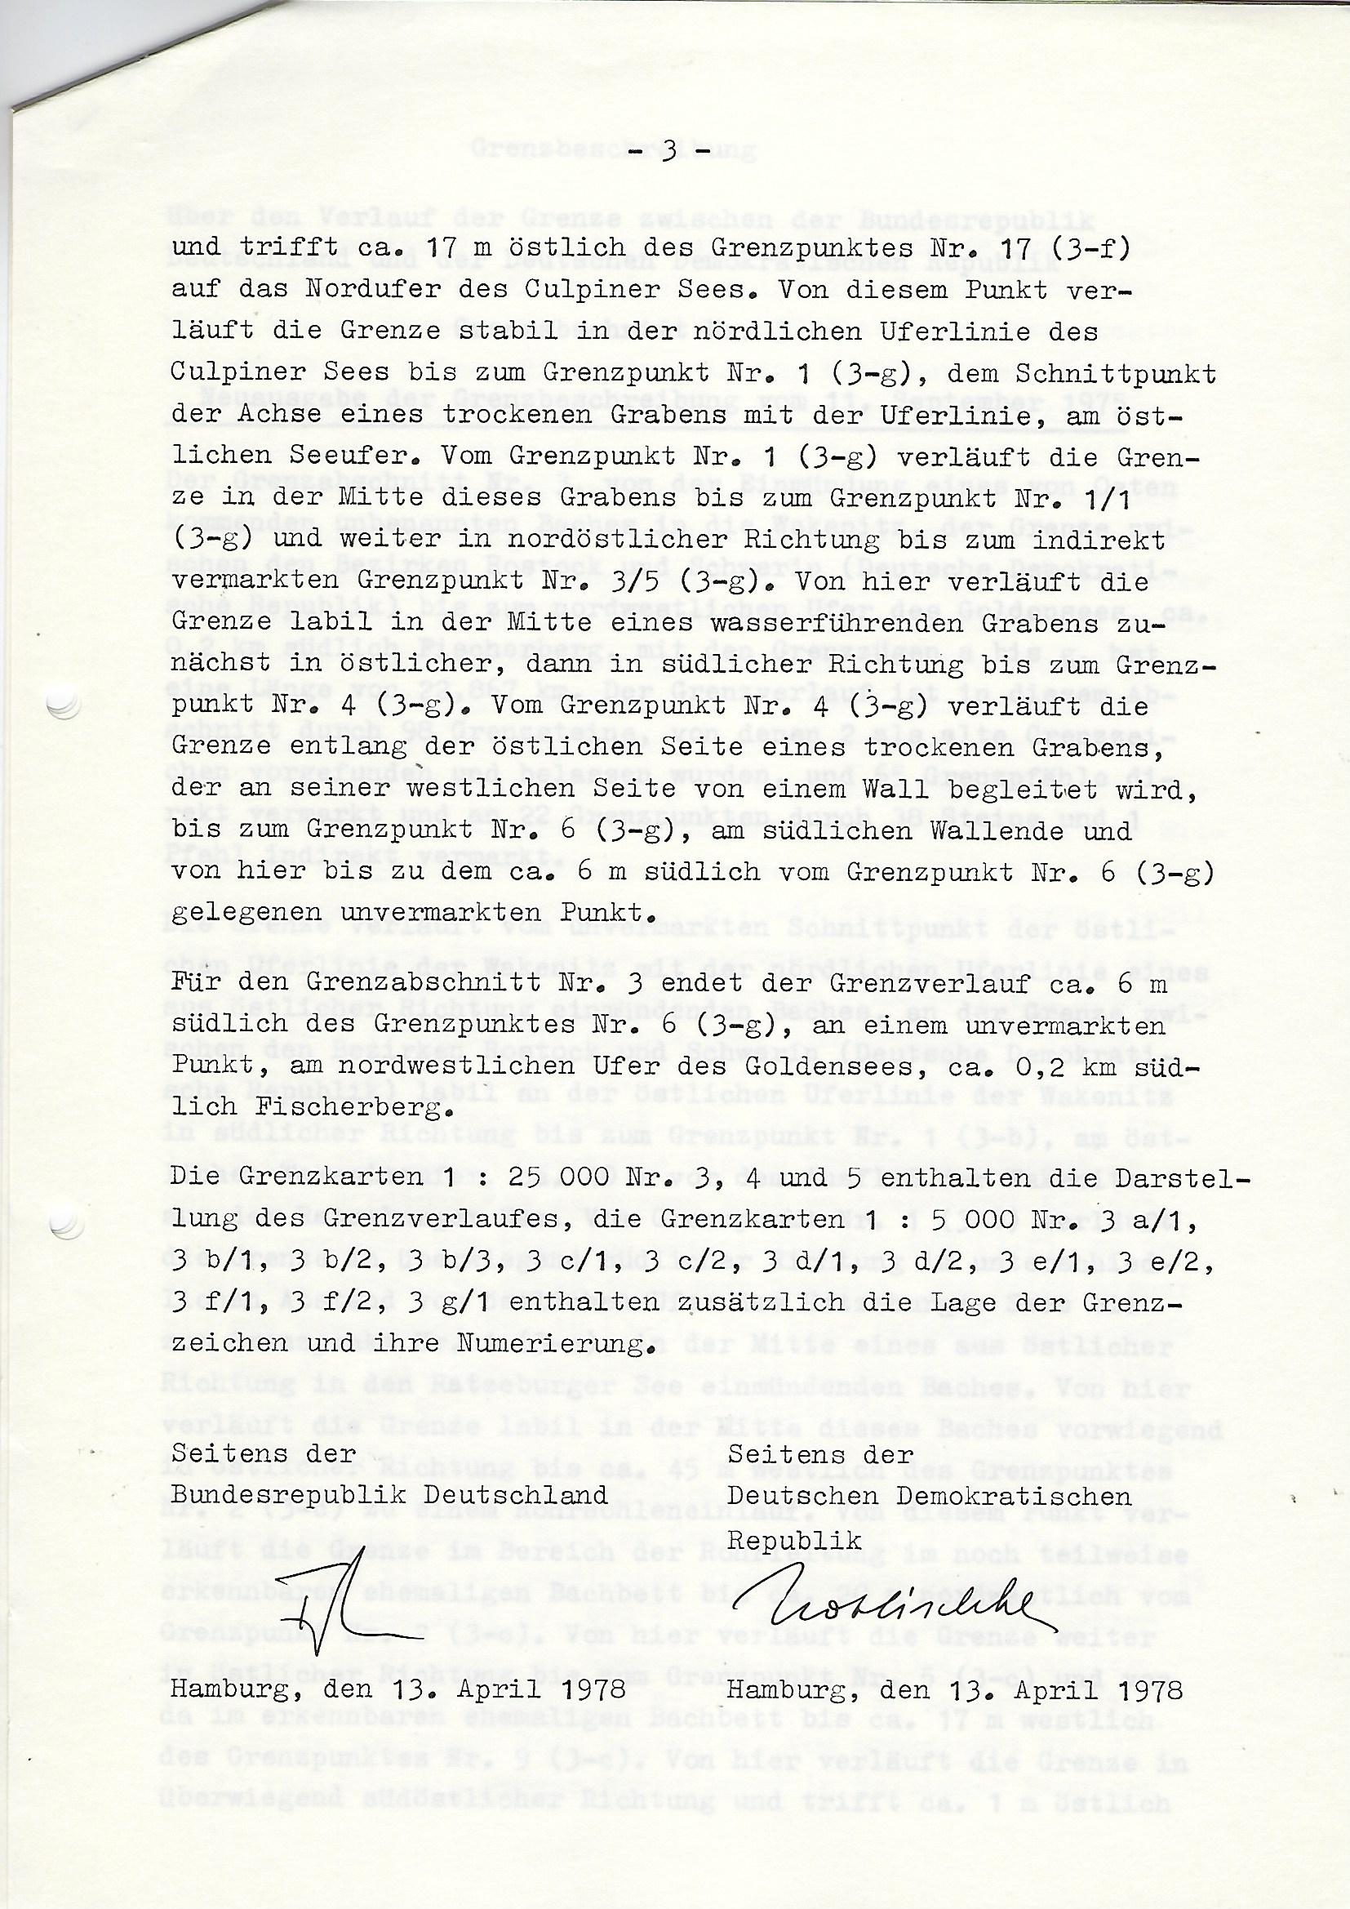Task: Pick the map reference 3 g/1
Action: [450, 1304]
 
